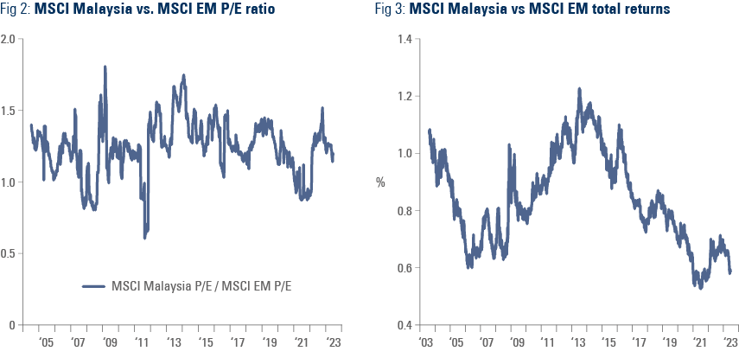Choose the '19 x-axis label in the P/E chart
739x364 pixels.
270,343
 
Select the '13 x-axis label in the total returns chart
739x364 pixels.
578,343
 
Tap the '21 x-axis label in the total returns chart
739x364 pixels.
700,343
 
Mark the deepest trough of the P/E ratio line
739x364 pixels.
146,235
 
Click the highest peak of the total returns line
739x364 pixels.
579,88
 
